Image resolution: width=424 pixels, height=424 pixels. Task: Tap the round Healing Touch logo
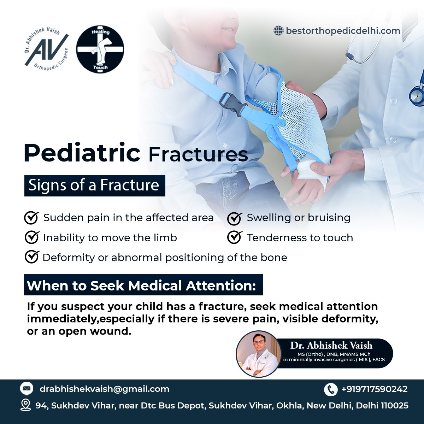point(100,49)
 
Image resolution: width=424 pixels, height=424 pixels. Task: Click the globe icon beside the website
point(278,31)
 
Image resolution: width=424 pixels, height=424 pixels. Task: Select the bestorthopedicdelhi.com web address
point(343,31)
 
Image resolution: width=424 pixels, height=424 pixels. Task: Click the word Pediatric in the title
point(82,153)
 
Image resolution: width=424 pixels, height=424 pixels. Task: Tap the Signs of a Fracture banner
point(95,186)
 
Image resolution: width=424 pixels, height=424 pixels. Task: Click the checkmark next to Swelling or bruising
point(235,218)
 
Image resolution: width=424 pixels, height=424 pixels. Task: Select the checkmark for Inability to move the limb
point(32,238)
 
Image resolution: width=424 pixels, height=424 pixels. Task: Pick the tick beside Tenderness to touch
point(235,238)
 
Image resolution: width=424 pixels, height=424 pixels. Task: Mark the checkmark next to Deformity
point(32,257)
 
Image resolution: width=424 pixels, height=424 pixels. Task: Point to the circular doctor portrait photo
point(259,354)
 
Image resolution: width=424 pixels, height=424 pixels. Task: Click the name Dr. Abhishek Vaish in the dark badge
point(331,345)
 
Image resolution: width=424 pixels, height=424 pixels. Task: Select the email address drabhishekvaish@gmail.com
point(105,389)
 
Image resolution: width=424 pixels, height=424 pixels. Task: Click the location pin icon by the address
point(25,405)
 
